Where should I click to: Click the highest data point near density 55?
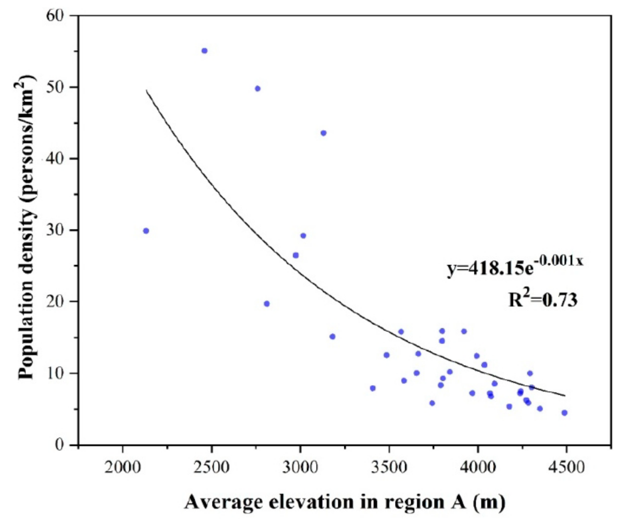pos(204,51)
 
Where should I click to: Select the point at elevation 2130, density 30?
pos(146,231)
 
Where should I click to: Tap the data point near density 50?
pos(257,89)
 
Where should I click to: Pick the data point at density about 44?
pos(323,133)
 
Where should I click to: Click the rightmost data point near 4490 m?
pos(564,413)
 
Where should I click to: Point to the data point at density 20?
pos(267,304)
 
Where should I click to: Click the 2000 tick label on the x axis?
pos(123,467)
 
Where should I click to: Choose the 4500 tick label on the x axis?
pos(566,467)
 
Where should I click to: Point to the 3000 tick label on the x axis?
pos(300,467)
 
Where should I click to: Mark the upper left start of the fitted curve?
pos(147,90)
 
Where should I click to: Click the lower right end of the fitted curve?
pos(565,395)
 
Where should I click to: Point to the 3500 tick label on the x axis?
pos(389,467)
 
